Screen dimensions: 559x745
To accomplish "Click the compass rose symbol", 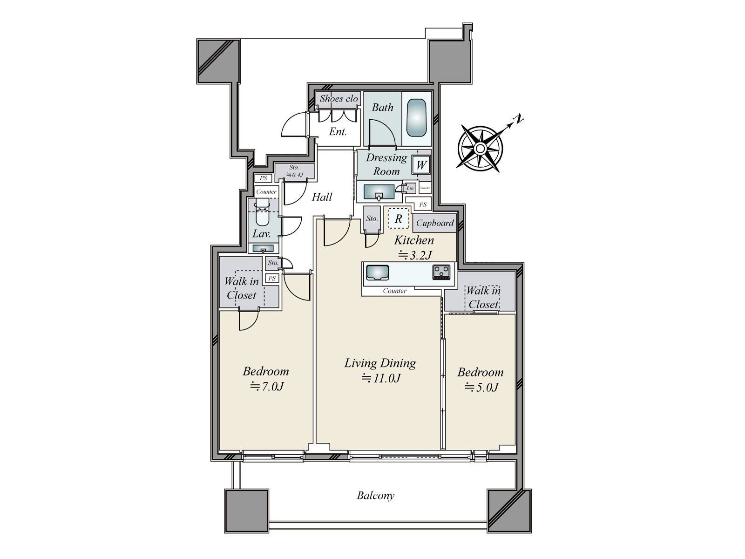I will tap(481, 149).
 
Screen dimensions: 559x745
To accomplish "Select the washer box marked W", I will tap(421, 165).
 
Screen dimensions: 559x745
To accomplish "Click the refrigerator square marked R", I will tap(398, 218).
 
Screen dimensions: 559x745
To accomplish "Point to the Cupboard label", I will tap(434, 223).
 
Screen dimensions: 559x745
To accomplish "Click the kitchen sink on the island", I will tap(377, 272).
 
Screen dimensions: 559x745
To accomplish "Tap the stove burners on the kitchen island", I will tap(441, 272).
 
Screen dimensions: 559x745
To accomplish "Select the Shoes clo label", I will tap(339, 99).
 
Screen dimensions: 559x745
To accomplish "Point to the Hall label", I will tap(322, 197).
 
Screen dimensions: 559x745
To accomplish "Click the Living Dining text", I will tap(380, 363).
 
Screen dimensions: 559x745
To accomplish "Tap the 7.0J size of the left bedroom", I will tap(266, 386).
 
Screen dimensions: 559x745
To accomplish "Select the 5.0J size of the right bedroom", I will tap(481, 387).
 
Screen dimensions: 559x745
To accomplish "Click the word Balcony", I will tap(375, 496).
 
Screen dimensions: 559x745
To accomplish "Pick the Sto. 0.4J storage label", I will tap(294, 171).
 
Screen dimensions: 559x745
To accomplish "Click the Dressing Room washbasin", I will tap(378, 191).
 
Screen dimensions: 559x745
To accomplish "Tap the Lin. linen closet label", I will tap(410, 189).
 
